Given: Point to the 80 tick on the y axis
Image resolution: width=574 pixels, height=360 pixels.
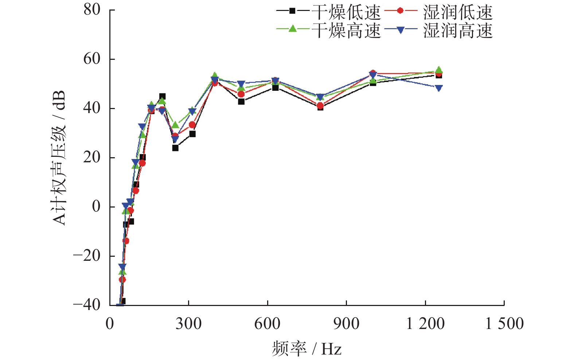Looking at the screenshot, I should click(92, 10).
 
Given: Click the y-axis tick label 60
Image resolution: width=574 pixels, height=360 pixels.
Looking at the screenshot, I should click(92, 59).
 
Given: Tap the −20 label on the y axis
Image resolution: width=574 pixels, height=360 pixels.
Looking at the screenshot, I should click(87, 256).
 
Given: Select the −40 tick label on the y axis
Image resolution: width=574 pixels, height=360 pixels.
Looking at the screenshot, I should click(87, 305).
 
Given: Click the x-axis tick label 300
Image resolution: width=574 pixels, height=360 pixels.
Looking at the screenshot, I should click(188, 324).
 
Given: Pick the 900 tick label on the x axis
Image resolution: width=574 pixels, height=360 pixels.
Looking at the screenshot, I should click(346, 324).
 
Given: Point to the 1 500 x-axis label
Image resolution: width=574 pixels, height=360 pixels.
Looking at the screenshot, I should click(504, 324).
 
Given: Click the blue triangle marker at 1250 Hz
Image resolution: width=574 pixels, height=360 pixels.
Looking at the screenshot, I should click(439, 88).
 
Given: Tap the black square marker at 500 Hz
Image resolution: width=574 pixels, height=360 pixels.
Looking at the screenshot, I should click(241, 101).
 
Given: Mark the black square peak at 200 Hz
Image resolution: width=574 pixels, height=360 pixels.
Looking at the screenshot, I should click(162, 96).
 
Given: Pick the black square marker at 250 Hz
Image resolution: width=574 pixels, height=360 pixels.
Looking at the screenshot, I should click(175, 148).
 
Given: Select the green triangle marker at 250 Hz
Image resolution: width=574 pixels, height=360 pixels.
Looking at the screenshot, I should click(175, 125).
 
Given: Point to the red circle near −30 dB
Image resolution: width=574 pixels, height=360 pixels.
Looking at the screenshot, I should click(122, 279).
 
